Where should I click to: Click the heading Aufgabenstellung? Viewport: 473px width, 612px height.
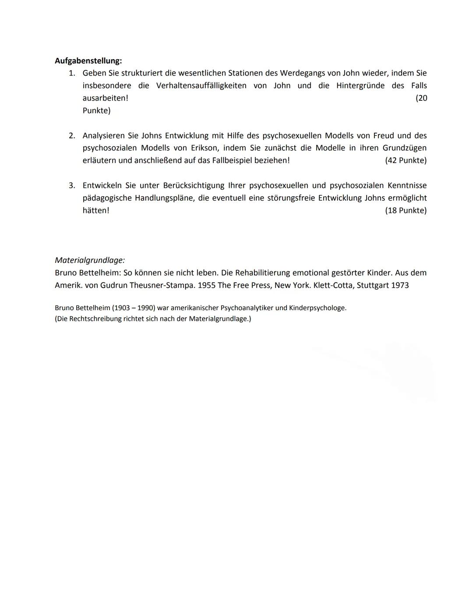tap(88, 60)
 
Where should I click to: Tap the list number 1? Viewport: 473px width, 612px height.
tap(72, 73)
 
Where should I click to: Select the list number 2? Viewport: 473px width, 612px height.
tap(72, 136)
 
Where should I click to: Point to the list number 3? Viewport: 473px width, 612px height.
tap(72, 186)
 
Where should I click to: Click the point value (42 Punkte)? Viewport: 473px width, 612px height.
tap(406, 160)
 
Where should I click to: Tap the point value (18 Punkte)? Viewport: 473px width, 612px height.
tap(406, 211)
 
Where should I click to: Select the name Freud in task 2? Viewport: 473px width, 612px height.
tap(384, 136)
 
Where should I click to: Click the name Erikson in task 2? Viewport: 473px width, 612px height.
tap(204, 148)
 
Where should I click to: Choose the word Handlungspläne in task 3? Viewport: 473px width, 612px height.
tap(164, 198)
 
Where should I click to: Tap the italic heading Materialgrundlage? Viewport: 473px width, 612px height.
tap(90, 260)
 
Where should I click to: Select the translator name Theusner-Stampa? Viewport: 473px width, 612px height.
tap(162, 285)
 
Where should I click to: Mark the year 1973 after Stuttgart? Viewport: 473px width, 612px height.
tap(399, 285)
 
